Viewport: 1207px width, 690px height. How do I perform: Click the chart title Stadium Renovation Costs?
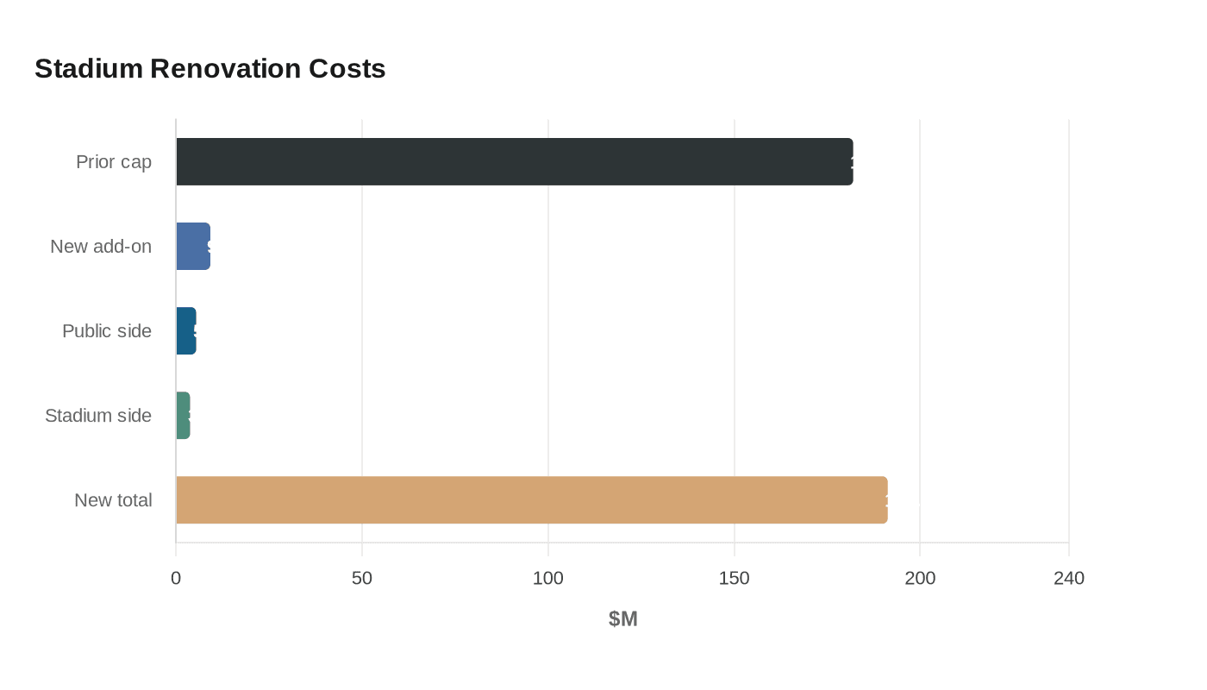210,68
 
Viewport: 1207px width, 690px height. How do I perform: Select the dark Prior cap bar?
514,161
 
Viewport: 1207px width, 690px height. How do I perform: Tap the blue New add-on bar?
193,246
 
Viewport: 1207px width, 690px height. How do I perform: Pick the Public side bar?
186,330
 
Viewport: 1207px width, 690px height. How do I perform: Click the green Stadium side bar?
183,415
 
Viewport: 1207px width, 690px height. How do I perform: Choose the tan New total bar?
531,499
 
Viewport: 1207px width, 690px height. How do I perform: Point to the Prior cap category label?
114,161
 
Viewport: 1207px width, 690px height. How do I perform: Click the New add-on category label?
101,246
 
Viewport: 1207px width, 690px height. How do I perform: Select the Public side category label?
107,330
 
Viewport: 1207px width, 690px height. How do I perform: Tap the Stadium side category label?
98,415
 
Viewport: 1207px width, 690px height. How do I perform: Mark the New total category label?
113,499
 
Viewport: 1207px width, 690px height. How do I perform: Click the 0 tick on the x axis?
176,578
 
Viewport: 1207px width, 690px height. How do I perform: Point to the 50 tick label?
362,578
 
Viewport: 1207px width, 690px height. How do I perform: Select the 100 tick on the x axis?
548,578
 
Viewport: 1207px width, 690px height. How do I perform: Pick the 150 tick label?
735,578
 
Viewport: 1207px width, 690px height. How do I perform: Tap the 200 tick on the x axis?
920,578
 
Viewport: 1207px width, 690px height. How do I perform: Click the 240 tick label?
1069,578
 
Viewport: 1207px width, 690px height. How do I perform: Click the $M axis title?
622,618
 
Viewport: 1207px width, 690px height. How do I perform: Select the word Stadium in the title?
88,68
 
